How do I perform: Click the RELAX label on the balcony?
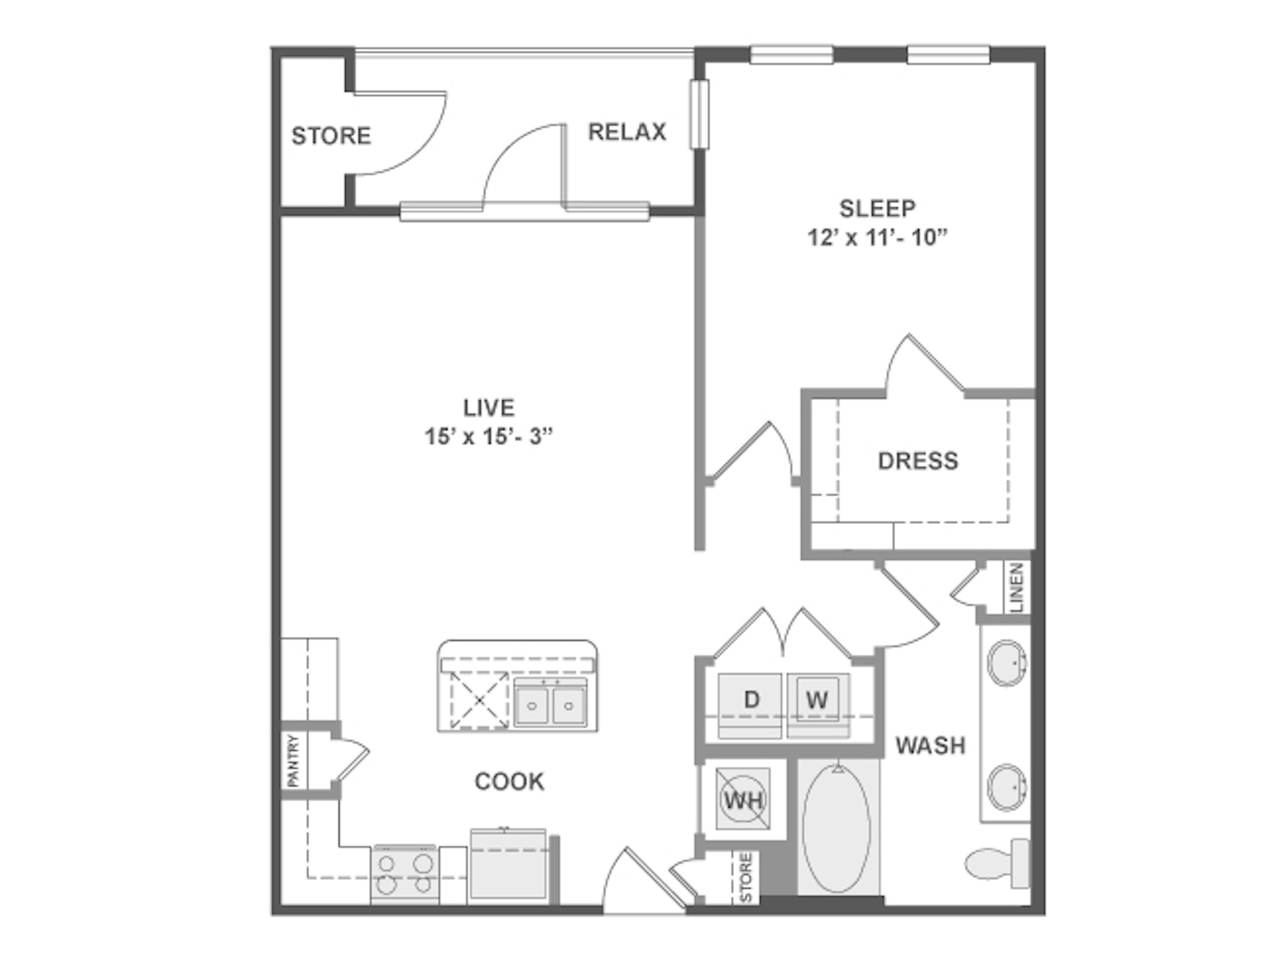tap(627, 132)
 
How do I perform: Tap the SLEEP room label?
tap(877, 208)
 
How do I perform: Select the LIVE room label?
tap(489, 408)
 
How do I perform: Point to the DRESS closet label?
tap(918, 461)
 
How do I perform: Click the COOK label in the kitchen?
tap(509, 782)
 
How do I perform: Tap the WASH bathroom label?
tap(930, 746)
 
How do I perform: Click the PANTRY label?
tap(294, 760)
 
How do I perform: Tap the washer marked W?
tap(817, 701)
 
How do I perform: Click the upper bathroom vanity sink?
tap(1006, 663)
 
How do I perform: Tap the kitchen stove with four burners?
tap(404, 874)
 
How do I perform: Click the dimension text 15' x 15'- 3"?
tap(489, 437)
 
